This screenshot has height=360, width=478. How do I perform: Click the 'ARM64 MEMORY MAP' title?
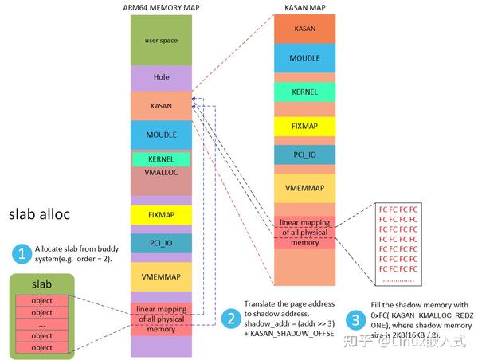162,8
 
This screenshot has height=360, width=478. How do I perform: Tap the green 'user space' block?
162,40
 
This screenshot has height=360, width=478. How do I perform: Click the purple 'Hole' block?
162,77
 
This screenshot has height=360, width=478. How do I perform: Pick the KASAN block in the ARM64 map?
162,104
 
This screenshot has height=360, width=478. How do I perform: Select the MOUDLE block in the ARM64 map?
162,135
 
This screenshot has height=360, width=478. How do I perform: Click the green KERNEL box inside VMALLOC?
162,159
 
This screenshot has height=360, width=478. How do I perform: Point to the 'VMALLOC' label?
162,171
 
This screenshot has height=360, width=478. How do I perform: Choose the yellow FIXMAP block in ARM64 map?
162,215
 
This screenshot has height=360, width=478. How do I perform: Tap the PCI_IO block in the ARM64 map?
162,242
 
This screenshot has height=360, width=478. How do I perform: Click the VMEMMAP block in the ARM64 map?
162,276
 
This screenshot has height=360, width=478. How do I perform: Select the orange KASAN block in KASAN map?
304,28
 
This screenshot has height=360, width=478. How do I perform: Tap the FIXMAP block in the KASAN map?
304,125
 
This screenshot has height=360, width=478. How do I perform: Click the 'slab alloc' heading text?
40,215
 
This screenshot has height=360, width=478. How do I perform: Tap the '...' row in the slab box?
41,324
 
